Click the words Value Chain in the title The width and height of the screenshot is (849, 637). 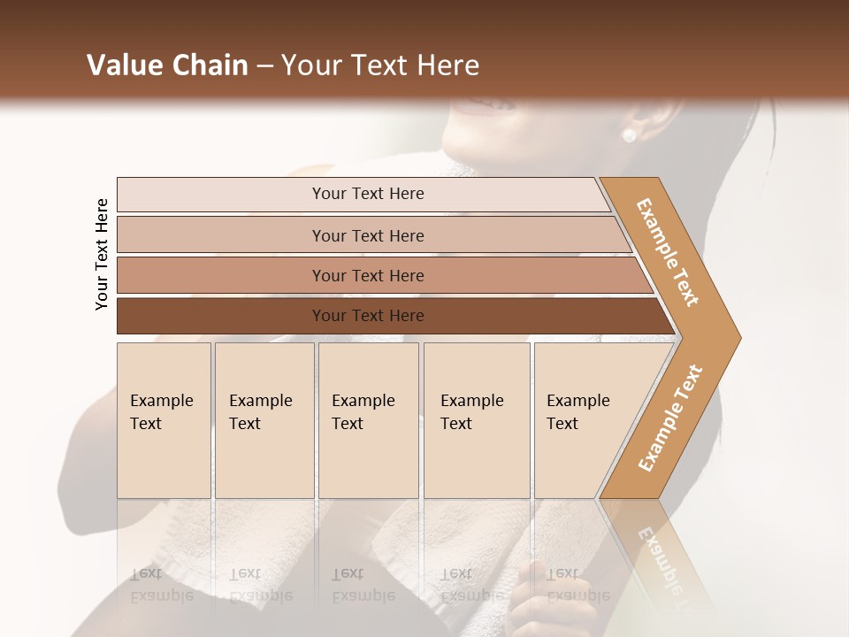click(167, 65)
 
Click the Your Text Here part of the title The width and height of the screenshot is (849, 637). click(380, 65)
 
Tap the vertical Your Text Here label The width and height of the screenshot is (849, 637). click(102, 254)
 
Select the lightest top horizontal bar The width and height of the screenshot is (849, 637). click(221, 195)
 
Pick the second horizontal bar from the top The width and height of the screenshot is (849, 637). click(221, 235)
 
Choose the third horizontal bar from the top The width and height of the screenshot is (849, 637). click(221, 275)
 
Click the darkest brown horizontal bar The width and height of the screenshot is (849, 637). click(221, 316)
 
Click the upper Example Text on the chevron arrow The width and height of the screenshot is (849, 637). click(668, 252)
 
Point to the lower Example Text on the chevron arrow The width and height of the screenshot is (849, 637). click(669, 418)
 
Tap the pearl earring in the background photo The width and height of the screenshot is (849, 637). click(629, 135)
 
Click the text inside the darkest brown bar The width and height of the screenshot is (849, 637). click(368, 316)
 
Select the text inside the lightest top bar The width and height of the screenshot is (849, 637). click(368, 194)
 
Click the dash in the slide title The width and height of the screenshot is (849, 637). click(264, 66)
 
